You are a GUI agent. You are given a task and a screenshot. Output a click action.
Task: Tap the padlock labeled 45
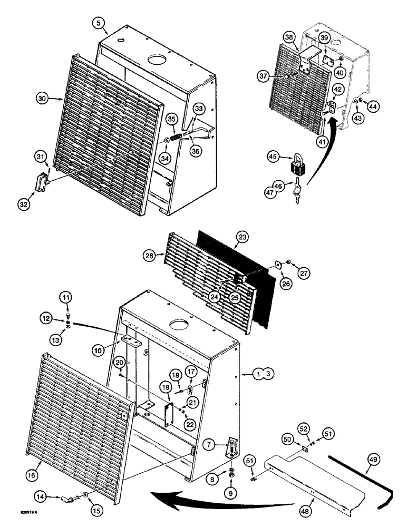(298, 165)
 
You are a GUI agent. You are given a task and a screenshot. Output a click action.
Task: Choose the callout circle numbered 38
(302, 38)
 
